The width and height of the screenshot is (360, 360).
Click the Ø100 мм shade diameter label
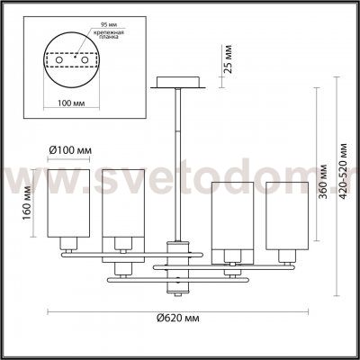click(x=69, y=150)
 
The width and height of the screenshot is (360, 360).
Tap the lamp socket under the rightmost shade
click(x=286, y=246)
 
